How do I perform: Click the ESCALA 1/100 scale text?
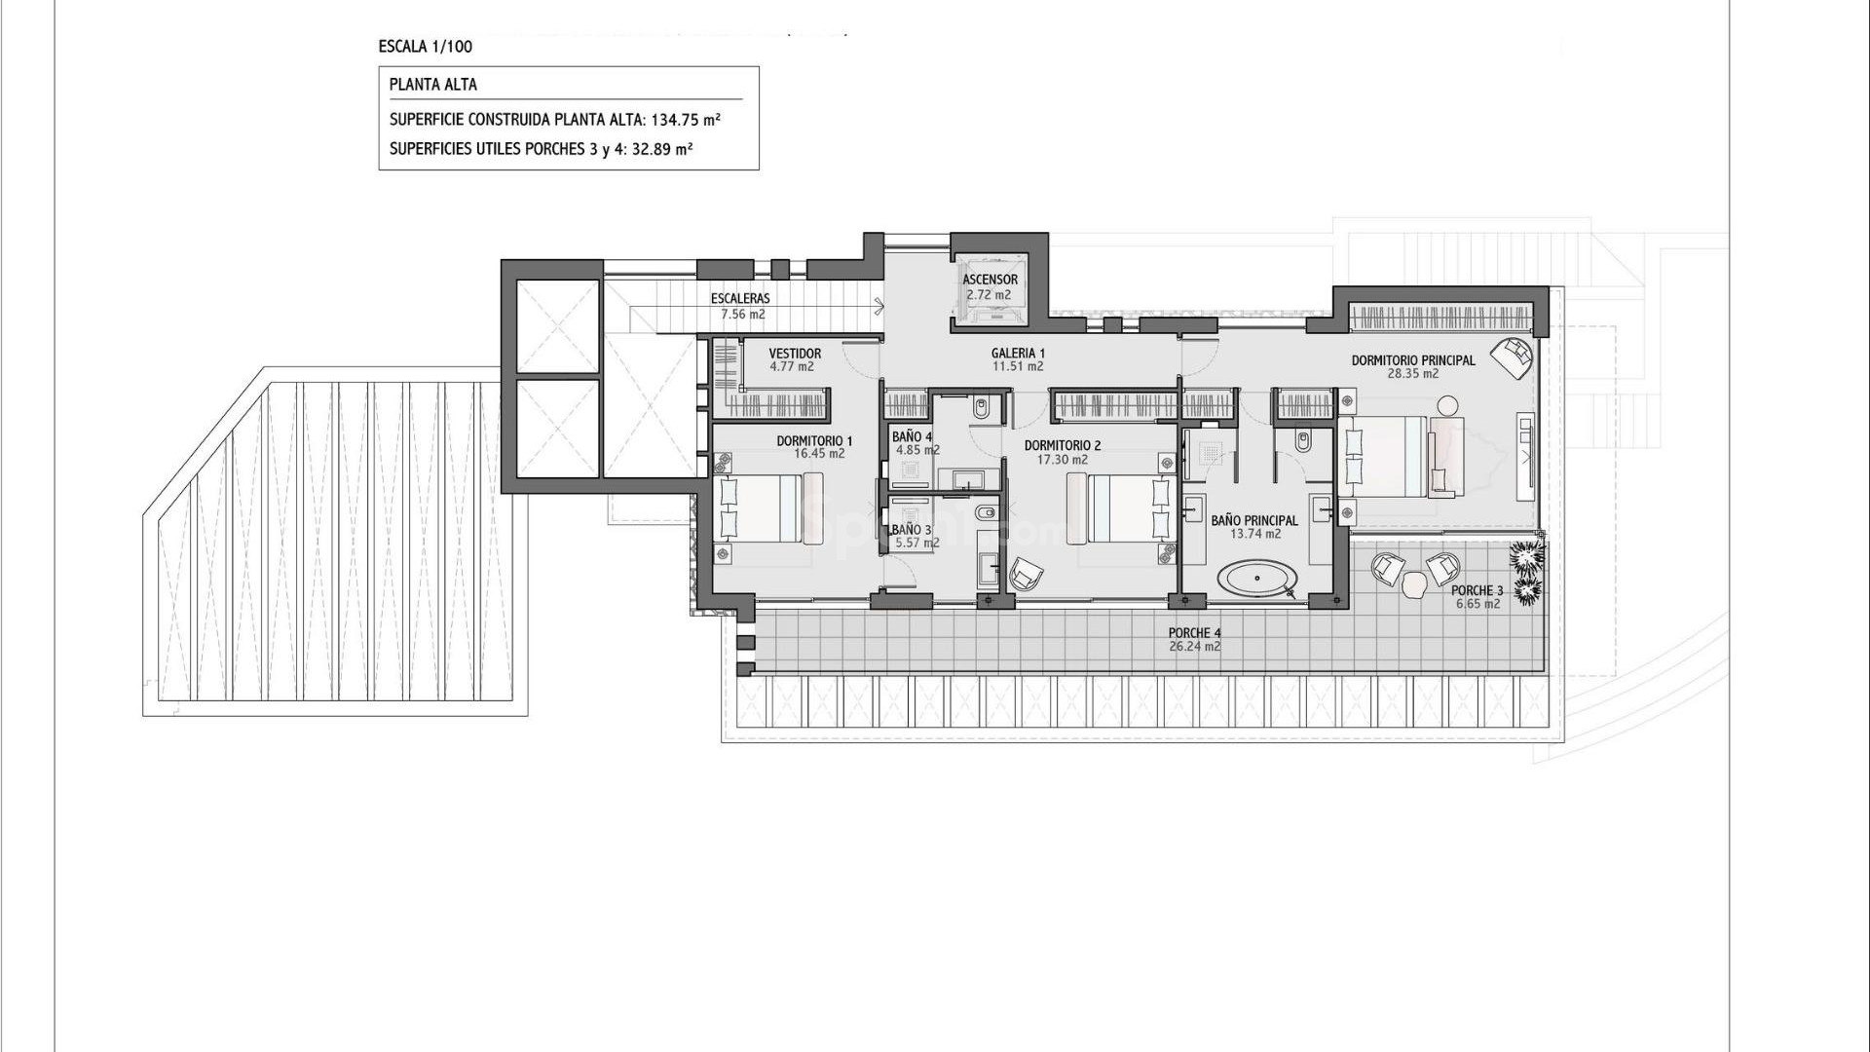click(426, 46)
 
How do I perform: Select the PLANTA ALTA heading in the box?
click(433, 85)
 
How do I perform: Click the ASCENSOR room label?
click(990, 280)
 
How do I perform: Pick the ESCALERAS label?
click(740, 299)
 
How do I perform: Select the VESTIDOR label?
click(795, 354)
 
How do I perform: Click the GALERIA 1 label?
click(1018, 354)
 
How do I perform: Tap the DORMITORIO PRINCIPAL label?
click(1412, 360)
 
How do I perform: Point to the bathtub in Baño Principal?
click(1256, 579)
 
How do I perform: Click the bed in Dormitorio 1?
click(769, 507)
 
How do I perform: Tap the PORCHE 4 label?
click(1194, 633)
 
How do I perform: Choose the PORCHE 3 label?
click(1477, 590)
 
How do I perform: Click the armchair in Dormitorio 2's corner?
click(1025, 575)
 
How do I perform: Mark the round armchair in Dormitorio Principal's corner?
click(1513, 357)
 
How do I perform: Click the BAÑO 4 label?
click(912, 436)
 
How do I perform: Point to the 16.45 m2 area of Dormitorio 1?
click(819, 454)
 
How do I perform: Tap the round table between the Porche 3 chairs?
click(1414, 584)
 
